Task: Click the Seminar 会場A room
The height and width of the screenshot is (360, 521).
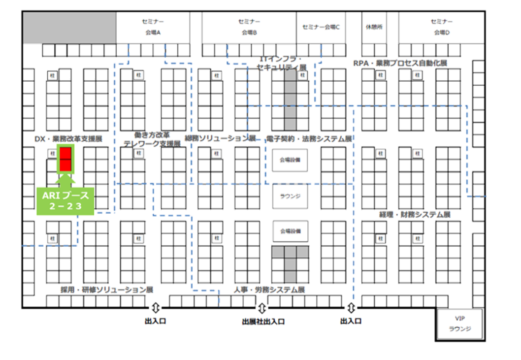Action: pos(153,28)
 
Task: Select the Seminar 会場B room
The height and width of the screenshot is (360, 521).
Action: pos(249,28)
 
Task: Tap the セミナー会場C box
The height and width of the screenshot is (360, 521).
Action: pos(322,28)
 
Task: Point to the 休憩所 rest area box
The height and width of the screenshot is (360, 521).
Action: pos(372,28)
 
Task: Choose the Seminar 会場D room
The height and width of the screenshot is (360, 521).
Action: pos(441,28)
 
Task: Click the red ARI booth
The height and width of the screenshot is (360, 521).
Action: pos(65,159)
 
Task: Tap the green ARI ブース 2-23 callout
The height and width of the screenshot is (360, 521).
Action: pos(65,200)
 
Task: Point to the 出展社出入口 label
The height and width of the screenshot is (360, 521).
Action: pos(263,322)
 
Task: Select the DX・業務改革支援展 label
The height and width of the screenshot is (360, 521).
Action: pos(68,139)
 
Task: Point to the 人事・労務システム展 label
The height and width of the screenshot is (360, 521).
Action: pos(269,290)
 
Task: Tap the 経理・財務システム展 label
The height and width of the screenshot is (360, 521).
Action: pos(414,215)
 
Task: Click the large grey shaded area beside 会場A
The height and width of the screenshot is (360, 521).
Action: pos(69,28)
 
